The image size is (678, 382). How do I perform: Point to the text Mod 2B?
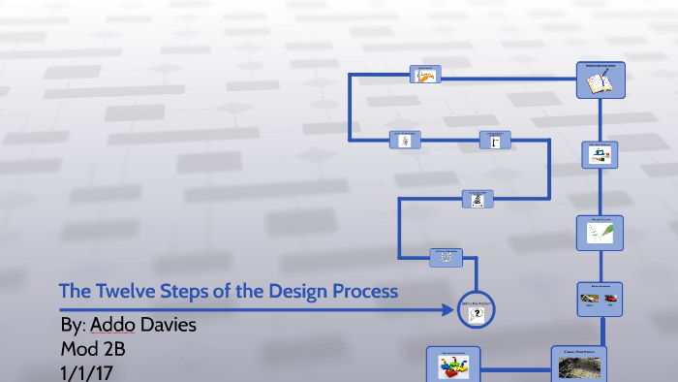[x=93, y=348]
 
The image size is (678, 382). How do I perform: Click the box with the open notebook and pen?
[x=601, y=80]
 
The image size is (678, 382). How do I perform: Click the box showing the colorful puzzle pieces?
[x=452, y=365]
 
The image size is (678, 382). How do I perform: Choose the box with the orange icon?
[x=425, y=75]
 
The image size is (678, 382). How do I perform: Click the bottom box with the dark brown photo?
[x=580, y=364]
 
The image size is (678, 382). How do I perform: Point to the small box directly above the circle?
[x=447, y=257]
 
